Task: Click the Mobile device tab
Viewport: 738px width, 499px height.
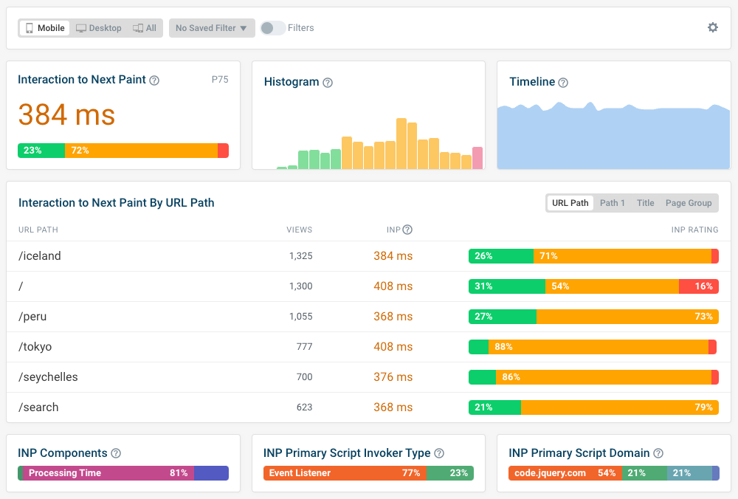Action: (x=45, y=28)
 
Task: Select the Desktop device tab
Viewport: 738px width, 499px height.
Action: (x=99, y=28)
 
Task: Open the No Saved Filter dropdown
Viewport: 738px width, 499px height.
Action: (x=211, y=28)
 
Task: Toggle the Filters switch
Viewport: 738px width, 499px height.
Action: (x=272, y=28)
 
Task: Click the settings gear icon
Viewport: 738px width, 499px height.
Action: (x=712, y=27)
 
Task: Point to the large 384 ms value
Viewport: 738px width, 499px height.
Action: (x=66, y=115)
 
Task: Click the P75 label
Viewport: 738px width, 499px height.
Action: (x=220, y=80)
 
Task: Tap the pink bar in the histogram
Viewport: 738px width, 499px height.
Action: (x=477, y=158)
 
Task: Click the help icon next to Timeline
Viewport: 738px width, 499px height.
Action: (x=563, y=83)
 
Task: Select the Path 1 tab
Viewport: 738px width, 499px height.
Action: (x=612, y=203)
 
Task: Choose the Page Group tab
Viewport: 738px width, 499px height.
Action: (x=688, y=203)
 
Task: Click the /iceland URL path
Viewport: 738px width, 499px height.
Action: (x=40, y=256)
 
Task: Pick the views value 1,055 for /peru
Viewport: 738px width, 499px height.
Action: (x=300, y=317)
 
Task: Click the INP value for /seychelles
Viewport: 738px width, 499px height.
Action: (x=393, y=377)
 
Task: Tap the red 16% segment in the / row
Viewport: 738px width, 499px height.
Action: (x=698, y=286)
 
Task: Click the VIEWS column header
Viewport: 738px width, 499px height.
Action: (x=299, y=230)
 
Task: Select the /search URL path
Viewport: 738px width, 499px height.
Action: (x=38, y=407)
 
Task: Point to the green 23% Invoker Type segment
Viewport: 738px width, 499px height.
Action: (x=449, y=473)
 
